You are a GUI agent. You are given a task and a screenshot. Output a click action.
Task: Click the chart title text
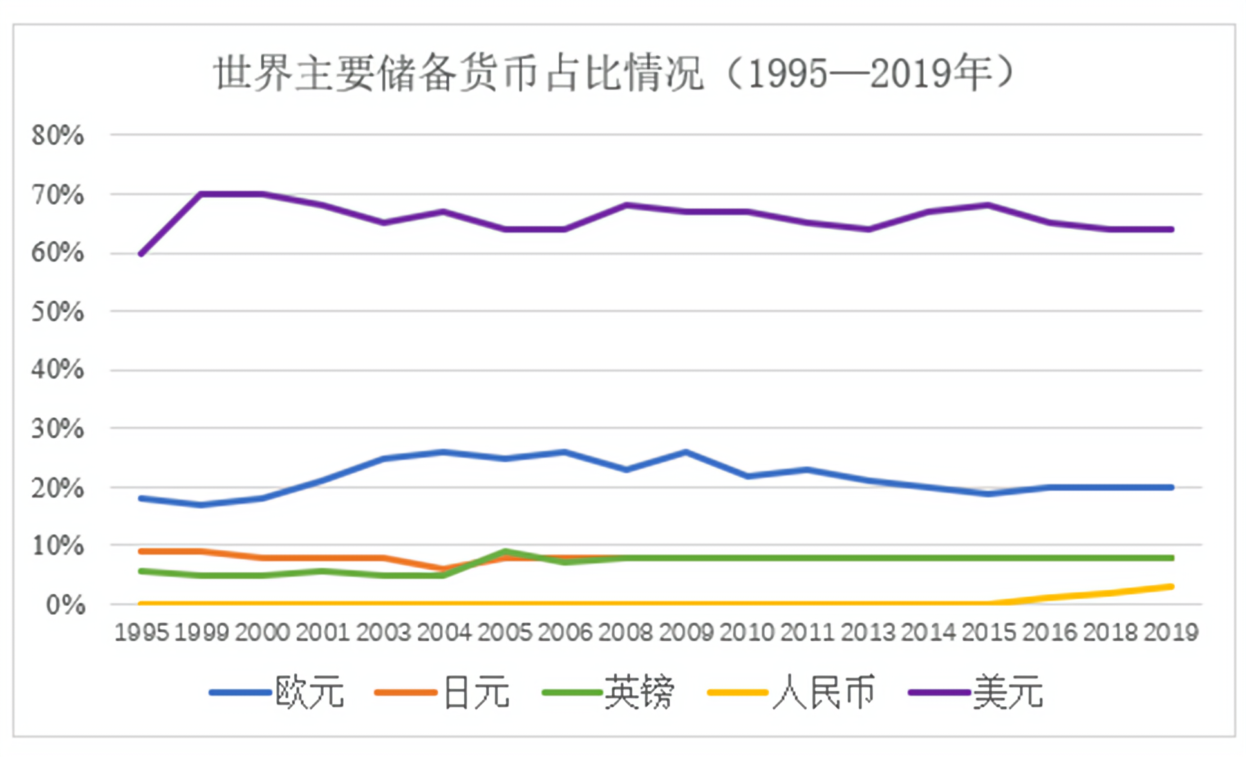615,73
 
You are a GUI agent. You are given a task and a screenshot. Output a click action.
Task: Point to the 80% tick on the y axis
58,135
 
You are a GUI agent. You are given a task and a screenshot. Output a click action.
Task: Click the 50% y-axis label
58,312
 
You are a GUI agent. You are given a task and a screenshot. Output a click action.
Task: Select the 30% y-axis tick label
58,429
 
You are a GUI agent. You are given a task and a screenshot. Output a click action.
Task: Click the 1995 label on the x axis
142,633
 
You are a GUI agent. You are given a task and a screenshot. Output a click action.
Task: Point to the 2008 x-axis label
626,633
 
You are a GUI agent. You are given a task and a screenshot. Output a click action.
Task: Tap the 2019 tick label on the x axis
1170,633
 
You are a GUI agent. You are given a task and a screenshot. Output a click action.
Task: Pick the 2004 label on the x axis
444,633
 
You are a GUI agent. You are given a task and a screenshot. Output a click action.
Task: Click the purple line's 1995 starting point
141,254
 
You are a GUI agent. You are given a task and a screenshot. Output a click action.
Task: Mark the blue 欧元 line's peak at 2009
686,452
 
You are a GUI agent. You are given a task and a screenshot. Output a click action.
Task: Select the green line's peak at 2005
505,552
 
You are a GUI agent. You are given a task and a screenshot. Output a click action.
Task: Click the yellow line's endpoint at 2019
1171,586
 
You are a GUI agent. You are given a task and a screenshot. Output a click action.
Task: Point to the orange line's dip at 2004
444,569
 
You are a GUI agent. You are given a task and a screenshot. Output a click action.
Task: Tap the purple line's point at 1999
202,194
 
